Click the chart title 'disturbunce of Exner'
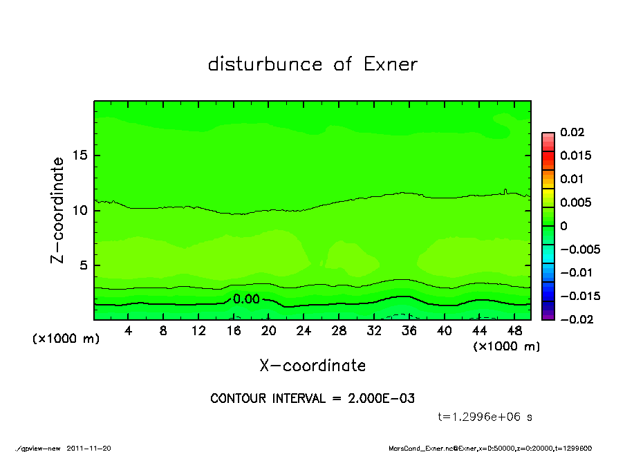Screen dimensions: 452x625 (x=312, y=64)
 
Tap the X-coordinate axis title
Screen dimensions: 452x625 (x=312, y=365)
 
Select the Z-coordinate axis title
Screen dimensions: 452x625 (x=58, y=209)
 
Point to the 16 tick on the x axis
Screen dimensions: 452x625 (x=234, y=331)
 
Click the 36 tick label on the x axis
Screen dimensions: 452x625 (x=409, y=331)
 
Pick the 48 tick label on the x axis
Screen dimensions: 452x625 (x=514, y=331)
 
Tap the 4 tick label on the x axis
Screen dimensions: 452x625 (x=129, y=331)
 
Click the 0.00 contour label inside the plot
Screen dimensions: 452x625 (x=246, y=299)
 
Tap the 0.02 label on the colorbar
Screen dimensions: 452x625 (x=572, y=132)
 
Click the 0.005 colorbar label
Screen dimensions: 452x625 (x=575, y=203)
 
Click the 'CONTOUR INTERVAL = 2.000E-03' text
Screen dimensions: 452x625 (x=312, y=399)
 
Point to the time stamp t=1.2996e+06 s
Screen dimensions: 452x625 (x=485, y=417)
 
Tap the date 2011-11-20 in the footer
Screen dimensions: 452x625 (x=88, y=448)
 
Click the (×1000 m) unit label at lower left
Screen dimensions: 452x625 (x=66, y=339)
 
